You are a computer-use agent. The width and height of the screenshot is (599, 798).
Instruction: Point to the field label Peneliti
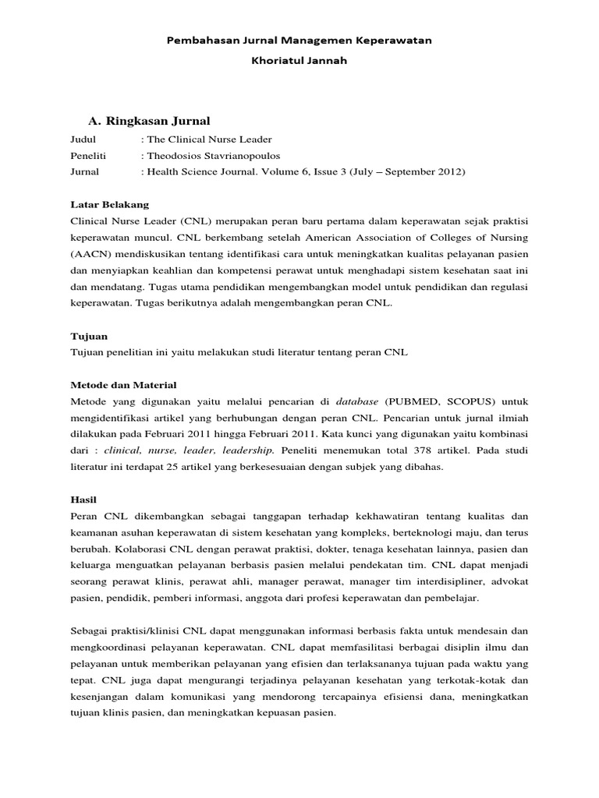(87, 156)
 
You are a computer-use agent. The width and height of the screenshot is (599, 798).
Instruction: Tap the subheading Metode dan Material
(123, 385)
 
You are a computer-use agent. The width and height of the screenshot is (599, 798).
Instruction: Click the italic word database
(357, 401)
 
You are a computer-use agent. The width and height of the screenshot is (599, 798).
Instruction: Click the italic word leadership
(249, 450)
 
